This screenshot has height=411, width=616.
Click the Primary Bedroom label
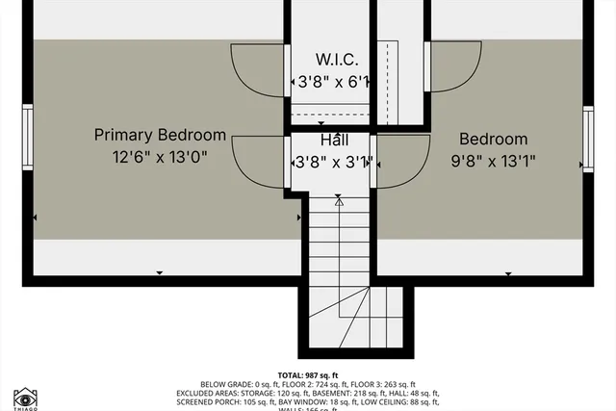point(160,135)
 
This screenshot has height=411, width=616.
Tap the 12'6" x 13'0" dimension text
point(160,156)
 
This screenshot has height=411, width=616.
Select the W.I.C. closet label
point(332,61)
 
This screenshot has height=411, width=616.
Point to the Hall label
point(333,141)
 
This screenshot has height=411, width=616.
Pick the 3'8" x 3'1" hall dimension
point(333,162)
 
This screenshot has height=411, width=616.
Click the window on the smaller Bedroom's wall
point(587,139)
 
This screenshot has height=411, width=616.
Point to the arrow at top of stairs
point(339,200)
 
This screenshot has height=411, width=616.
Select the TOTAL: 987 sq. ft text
point(307,374)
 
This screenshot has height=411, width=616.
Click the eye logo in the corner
point(24,397)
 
